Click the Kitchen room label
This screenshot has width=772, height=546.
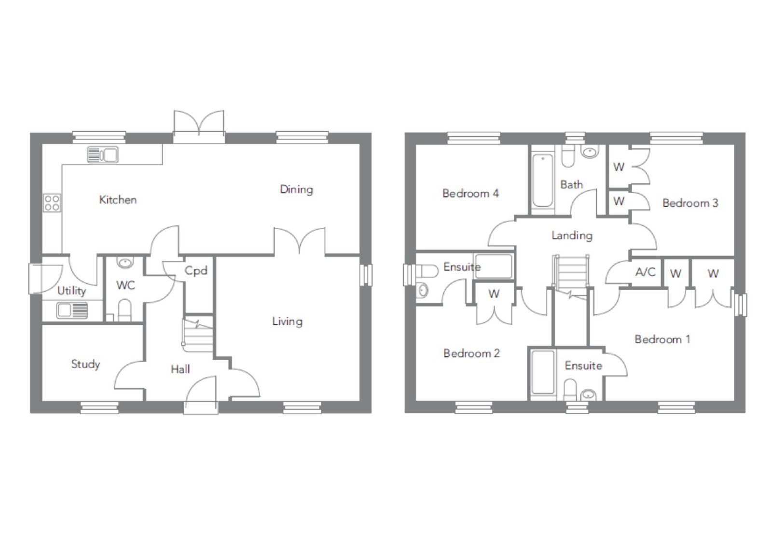coord(118,200)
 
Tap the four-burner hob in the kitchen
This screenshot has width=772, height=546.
coord(52,203)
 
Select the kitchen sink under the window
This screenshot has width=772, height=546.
coord(102,154)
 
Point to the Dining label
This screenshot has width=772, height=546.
coord(296,190)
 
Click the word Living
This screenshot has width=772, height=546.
coord(287,322)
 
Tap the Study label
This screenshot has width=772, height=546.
coord(85,364)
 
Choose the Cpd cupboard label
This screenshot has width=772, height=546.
coord(196,271)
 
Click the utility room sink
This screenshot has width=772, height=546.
coord(72,310)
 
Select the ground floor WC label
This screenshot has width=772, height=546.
coord(125,285)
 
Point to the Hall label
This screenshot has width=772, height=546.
coord(180,369)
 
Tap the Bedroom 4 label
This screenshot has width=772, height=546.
coord(470,194)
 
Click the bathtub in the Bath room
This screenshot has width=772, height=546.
coord(542,181)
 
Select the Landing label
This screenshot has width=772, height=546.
coord(572,236)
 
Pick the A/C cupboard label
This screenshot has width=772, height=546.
coord(645,272)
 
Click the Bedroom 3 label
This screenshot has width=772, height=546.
coord(690,203)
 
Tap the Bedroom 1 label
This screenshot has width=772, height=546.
coord(662,339)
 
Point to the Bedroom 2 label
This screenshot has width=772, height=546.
coord(471,353)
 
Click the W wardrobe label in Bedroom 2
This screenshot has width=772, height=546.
coord(494,294)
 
